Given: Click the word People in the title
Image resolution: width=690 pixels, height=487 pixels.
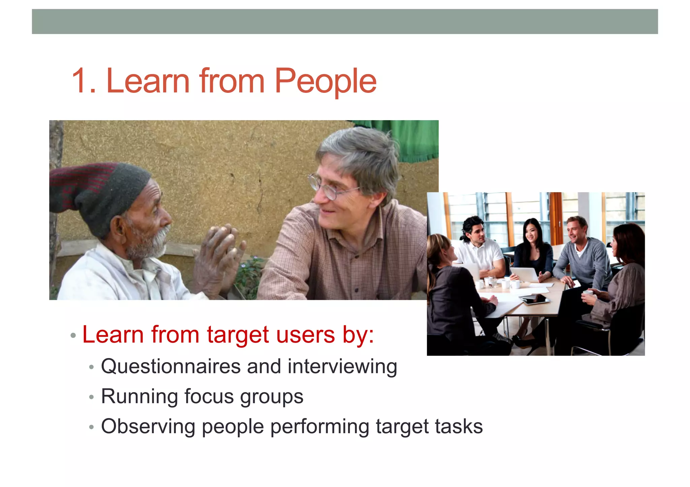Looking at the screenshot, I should coord(325,81).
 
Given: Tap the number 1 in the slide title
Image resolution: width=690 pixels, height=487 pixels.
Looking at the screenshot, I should coord(81,81).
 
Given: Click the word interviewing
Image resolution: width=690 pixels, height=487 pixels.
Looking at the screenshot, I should coord(342,367).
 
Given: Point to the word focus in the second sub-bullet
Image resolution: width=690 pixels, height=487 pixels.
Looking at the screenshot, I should coord(209,396).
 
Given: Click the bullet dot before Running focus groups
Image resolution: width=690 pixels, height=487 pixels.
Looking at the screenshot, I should coord(91,397).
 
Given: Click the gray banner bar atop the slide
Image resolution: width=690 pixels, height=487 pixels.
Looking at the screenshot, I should coord(345,22).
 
